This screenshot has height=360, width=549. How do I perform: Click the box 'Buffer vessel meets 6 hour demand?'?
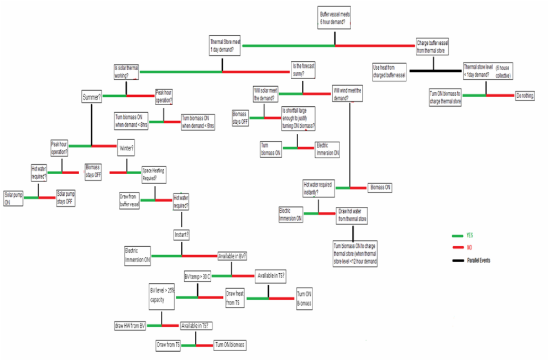coord(335,18)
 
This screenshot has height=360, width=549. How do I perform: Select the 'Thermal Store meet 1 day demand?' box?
coord(225,45)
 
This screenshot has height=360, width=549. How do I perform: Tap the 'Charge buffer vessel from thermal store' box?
coord(432,46)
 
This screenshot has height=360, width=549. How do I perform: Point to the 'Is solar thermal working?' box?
coord(126,72)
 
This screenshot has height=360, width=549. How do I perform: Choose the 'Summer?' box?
coord(92,97)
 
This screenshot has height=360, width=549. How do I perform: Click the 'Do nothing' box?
coord(525,95)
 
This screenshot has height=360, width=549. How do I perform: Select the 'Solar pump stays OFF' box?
coord(65,197)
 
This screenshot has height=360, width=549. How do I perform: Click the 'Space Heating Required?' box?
coord(154,174)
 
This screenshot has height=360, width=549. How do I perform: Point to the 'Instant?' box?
coord(182,235)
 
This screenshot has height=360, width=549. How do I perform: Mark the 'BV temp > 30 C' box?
coord(197,276)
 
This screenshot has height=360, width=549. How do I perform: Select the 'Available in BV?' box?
coord(232,256)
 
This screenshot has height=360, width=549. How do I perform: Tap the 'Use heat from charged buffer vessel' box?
coord(390,70)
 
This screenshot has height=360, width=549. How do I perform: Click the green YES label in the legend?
coord(469,235)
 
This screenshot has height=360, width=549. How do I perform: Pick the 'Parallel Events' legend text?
coord(478,260)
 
